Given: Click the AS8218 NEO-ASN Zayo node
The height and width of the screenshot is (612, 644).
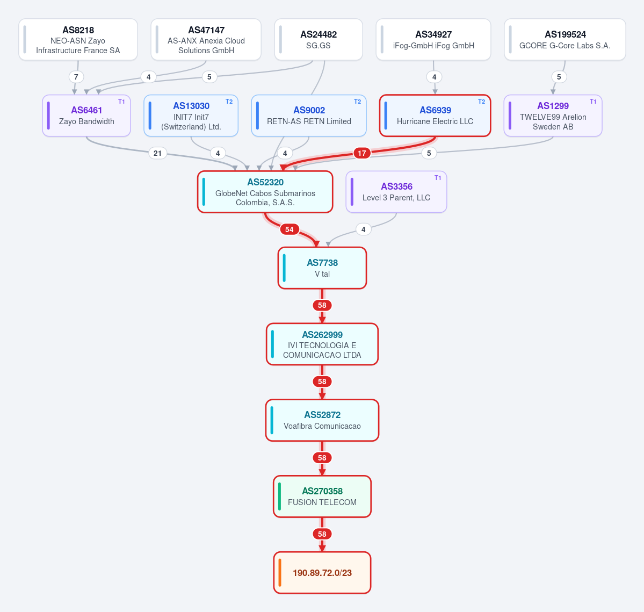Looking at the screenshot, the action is tap(78, 40).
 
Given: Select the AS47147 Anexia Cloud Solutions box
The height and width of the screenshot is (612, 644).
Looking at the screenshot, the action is tap(206, 40).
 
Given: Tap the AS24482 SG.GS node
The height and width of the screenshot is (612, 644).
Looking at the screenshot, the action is tap(319, 40).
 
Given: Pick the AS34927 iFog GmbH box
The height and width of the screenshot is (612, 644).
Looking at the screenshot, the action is tap(433, 40).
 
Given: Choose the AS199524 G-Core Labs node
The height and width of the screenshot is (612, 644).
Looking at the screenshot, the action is tap(565, 40).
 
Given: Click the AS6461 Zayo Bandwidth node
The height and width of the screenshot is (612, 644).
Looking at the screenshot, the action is tap(86, 116).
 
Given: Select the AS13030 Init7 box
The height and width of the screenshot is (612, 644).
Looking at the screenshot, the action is tap(191, 116).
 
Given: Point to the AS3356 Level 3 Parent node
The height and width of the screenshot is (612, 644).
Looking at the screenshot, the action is tap(396, 192).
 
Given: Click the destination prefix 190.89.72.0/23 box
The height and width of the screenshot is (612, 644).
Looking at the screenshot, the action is tap(322, 573).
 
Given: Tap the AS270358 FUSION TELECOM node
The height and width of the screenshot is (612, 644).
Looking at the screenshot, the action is tap(322, 496).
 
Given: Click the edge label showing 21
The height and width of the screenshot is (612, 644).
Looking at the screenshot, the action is tap(158, 153).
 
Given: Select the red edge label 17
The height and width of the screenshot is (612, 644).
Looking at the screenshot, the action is tap(362, 153).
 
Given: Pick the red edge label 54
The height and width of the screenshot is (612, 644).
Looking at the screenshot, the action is tap(290, 229).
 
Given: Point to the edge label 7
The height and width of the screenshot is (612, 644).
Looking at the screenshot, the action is tap(76, 77).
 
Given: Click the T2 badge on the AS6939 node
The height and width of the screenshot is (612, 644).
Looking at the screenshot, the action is tap(481, 102).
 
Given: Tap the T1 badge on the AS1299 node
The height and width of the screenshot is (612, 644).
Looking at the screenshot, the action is tap(593, 102).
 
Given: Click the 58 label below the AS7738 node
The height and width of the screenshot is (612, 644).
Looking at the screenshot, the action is tap(322, 305).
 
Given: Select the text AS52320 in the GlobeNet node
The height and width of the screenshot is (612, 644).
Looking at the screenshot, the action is tap(265, 182).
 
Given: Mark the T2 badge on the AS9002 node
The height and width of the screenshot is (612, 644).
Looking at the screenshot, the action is tap(357, 102).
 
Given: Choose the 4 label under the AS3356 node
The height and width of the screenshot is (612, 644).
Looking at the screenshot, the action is tap(364, 229).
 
